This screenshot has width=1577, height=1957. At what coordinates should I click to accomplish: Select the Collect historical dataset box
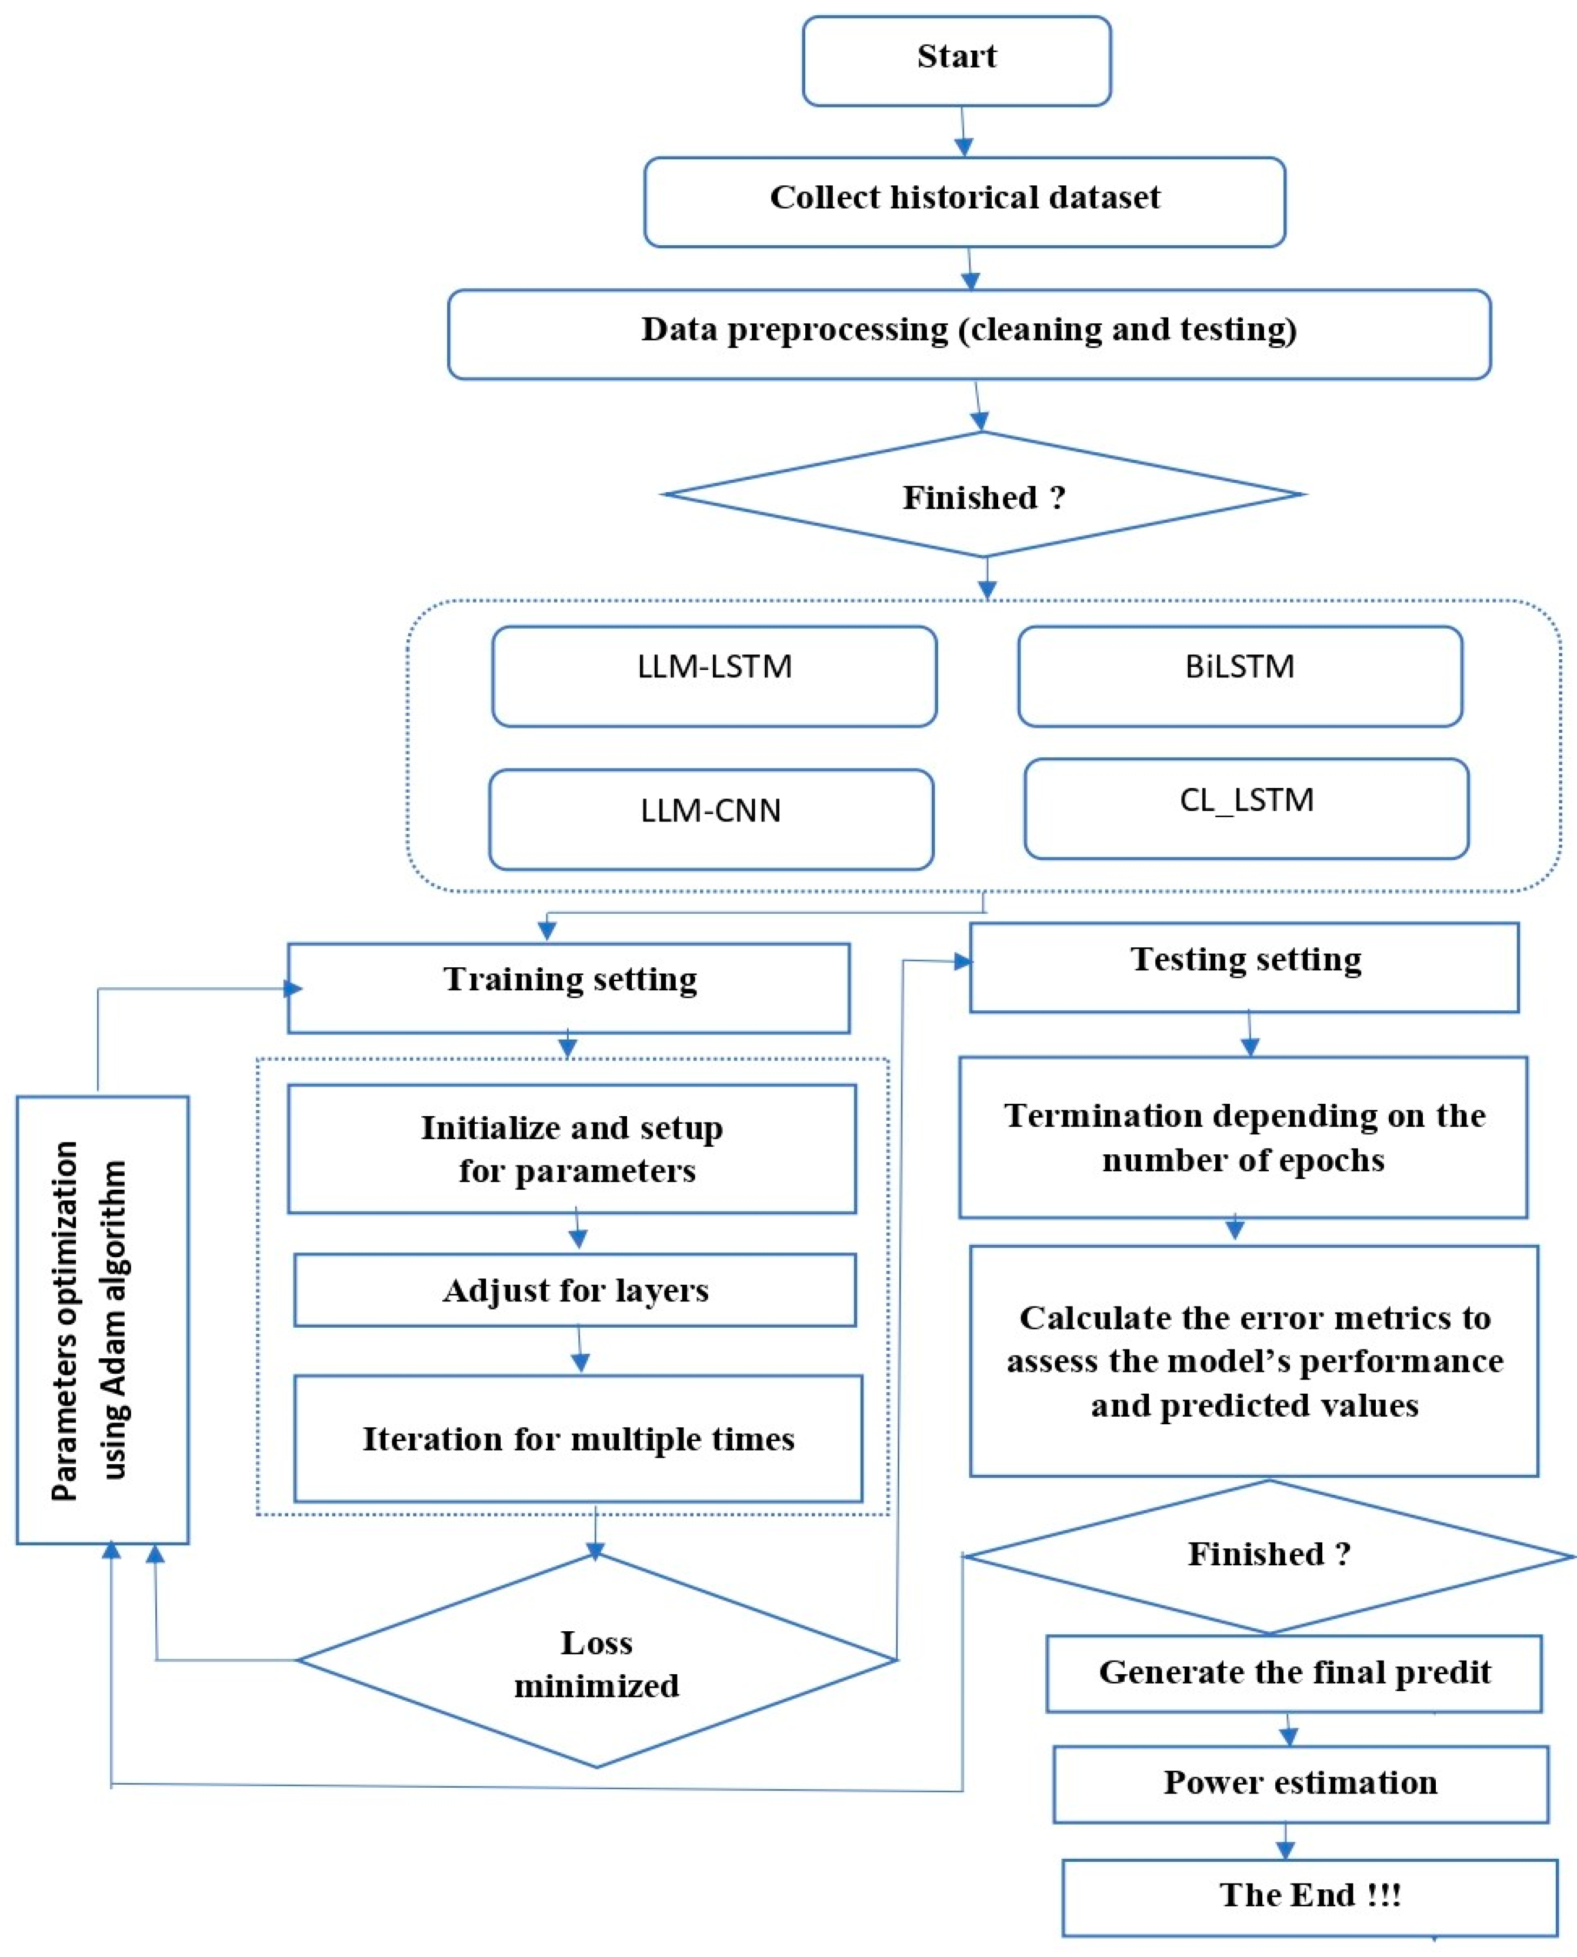[x=964, y=201]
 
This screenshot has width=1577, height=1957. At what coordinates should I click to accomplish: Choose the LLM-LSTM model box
[x=714, y=677]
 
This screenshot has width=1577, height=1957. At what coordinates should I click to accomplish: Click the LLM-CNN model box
[x=711, y=819]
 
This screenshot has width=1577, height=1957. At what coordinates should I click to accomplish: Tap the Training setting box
[x=569, y=987]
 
